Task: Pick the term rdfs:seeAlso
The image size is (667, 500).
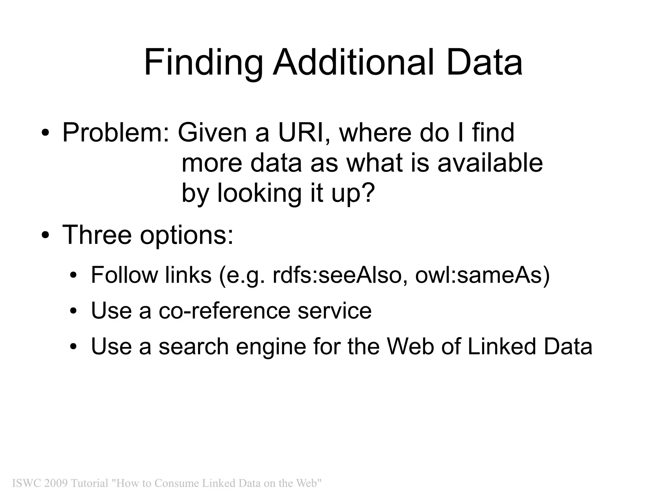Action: click(340, 275)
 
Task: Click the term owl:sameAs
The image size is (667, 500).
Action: click(482, 275)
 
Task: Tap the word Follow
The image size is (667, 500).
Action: click(124, 275)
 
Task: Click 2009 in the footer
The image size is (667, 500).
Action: click(56, 483)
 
